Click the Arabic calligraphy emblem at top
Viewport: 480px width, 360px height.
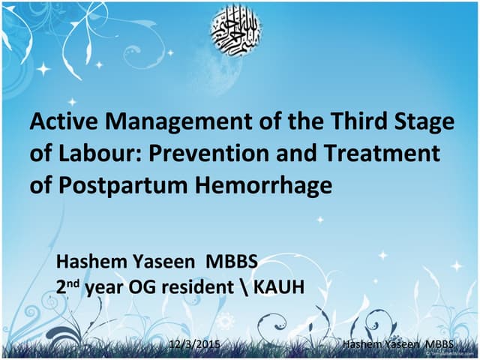pos(240,29)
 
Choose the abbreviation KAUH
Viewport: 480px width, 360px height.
pos(277,287)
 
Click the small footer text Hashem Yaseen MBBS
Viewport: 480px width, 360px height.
pos(397,344)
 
